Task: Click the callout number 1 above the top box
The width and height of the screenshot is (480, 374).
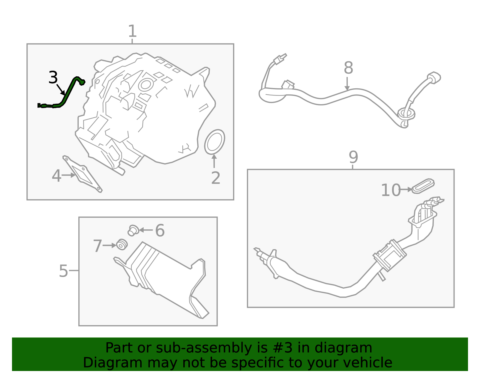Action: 132,31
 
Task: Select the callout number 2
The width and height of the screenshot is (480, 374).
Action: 216,178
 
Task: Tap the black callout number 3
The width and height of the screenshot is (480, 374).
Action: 53,77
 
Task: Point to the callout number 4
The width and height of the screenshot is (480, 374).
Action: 56,176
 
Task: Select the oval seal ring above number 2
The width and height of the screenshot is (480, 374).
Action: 214,142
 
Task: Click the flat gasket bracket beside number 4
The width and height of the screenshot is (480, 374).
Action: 82,174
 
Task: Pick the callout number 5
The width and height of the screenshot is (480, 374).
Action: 63,271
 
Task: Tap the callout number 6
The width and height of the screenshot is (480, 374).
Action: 160,231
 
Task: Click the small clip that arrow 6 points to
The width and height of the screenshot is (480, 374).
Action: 133,231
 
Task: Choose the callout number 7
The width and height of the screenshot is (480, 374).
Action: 97,246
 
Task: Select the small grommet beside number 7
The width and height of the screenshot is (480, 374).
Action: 122,244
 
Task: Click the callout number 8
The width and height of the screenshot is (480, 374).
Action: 348,68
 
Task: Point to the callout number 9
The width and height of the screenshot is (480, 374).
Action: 353,157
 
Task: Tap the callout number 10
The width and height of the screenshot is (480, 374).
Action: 391,190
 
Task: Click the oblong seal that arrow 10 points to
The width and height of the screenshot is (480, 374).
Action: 423,186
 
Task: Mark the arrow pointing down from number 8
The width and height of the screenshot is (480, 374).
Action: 347,84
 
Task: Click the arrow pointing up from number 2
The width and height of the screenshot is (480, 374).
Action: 214,161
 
